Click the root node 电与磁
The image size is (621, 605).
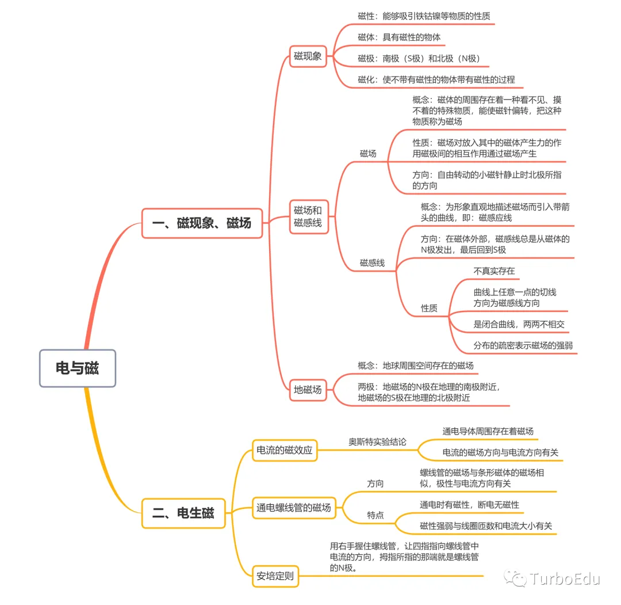click(x=78, y=368)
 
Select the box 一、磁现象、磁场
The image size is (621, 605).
click(x=202, y=223)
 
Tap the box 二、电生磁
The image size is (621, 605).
click(x=183, y=513)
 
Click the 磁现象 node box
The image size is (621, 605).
click(x=308, y=56)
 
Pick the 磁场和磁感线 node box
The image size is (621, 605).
click(x=309, y=216)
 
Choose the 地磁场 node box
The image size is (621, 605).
click(x=308, y=390)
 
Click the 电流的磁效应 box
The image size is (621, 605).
click(x=285, y=450)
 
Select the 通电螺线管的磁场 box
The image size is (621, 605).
click(x=294, y=508)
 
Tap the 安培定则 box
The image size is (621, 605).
click(x=275, y=576)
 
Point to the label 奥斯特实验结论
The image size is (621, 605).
click(x=377, y=442)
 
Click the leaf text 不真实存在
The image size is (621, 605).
click(x=494, y=271)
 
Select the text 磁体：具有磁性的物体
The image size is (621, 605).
click(x=399, y=37)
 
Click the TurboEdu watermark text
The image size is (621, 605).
click(x=565, y=579)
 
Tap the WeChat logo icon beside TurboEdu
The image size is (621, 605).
click(x=515, y=579)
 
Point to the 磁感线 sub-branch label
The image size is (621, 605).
click(x=372, y=263)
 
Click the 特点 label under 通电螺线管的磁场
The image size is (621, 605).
click(x=375, y=515)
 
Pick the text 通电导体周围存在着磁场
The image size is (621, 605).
click(x=488, y=431)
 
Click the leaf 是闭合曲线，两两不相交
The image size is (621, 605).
click(x=519, y=324)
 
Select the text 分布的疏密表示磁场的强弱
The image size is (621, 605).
click(x=523, y=345)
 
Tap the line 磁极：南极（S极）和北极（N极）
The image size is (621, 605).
click(x=419, y=59)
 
